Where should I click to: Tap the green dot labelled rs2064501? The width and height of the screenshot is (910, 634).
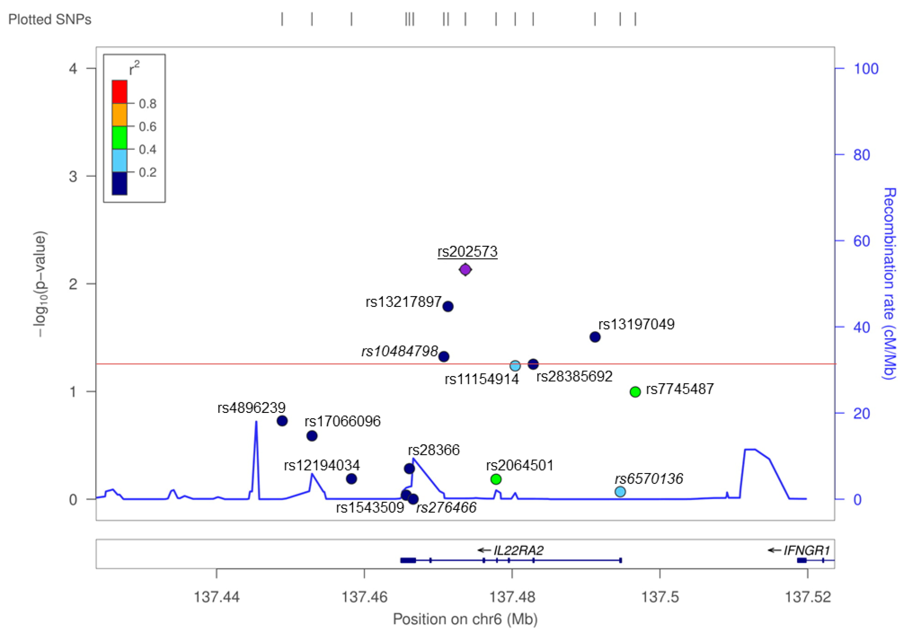pyautogui.click(x=496, y=479)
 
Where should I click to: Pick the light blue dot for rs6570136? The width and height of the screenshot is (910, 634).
pyautogui.click(x=620, y=492)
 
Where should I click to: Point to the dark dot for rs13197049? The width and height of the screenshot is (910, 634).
pyautogui.click(x=595, y=337)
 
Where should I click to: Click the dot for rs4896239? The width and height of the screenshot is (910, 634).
pyautogui.click(x=282, y=421)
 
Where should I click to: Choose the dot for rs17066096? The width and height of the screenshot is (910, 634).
pyautogui.click(x=312, y=436)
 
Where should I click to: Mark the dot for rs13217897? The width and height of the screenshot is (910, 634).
pyautogui.click(x=448, y=306)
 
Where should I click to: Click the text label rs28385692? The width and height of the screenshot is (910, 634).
pyautogui.click(x=574, y=376)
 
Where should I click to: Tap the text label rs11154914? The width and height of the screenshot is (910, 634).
pyautogui.click(x=482, y=379)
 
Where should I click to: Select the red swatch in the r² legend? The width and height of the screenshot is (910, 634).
pyautogui.click(x=119, y=92)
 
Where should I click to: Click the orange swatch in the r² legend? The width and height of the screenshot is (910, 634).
pyautogui.click(x=119, y=115)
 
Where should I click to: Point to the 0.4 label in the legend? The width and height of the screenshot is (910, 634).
pyautogui.click(x=148, y=149)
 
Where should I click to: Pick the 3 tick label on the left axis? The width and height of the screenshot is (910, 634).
pyautogui.click(x=73, y=176)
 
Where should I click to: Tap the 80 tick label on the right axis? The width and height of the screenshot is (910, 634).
pyautogui.click(x=862, y=155)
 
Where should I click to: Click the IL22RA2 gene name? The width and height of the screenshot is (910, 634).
pyautogui.click(x=518, y=550)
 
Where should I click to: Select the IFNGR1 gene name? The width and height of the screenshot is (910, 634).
pyautogui.click(x=806, y=550)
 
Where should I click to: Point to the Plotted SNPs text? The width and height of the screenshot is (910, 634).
pyautogui.click(x=50, y=19)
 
